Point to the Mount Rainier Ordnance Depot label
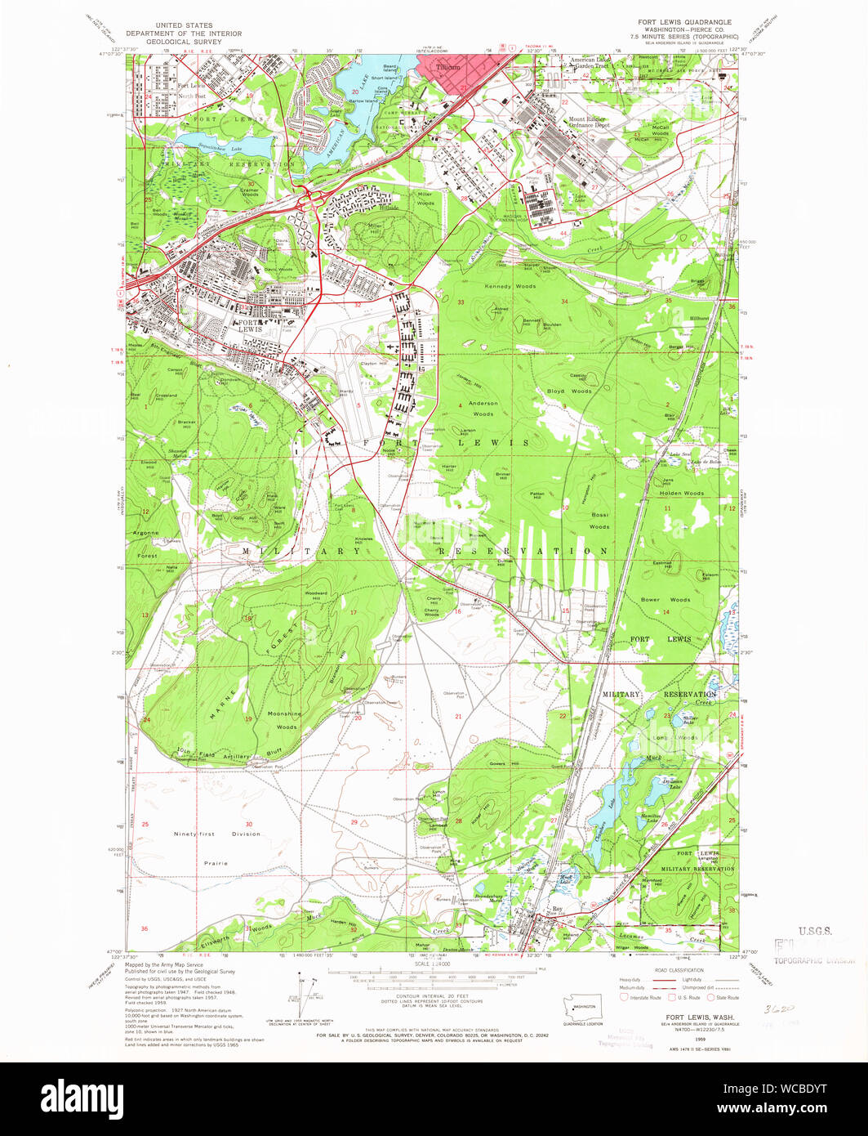(590, 122)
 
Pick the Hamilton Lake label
(647, 817)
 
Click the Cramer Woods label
(250, 192)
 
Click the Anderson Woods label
(483, 408)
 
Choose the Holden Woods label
(682, 493)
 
